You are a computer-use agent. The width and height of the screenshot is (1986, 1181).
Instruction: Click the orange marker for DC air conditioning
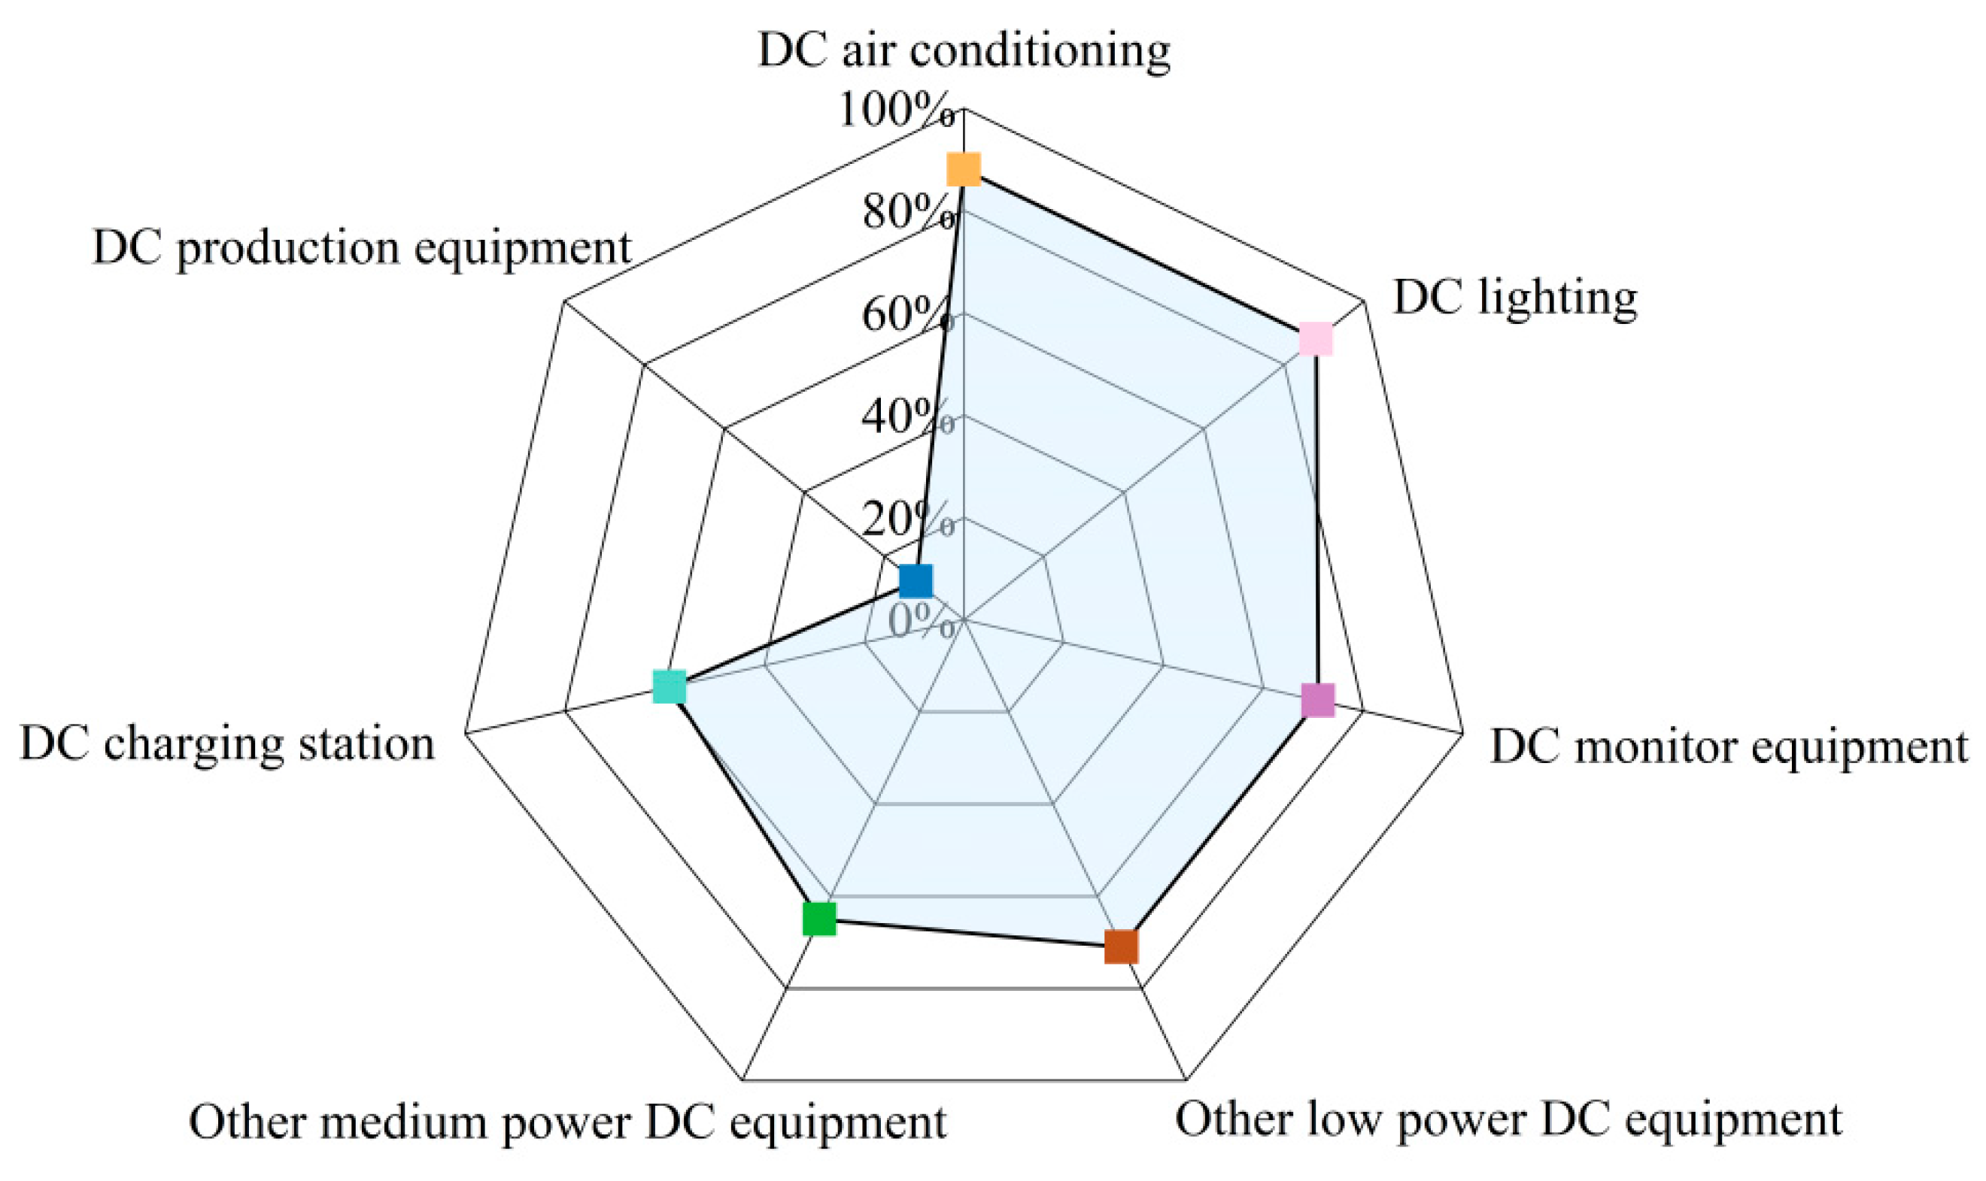pos(963,169)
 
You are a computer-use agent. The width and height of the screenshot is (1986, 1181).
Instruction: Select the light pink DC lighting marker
pos(1316,339)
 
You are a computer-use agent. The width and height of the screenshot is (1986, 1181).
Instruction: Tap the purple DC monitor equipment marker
pos(1318,701)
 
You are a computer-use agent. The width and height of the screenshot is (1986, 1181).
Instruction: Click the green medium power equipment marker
pos(819,919)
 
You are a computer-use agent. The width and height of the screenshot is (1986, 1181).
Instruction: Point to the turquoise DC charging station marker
pos(669,687)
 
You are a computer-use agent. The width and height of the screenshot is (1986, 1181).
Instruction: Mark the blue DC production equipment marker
pos(916,581)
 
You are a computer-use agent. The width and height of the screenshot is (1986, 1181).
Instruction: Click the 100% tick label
pos(896,109)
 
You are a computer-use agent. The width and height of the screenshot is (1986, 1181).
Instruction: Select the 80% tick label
pos(908,213)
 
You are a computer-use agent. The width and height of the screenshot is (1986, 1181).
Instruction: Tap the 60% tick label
pos(908,314)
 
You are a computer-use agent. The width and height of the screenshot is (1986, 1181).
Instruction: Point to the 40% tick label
pos(908,416)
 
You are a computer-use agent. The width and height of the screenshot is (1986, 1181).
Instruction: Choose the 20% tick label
pos(908,519)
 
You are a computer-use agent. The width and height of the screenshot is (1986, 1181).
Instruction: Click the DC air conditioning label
pos(964,50)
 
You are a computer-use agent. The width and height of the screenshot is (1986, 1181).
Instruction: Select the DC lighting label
pos(1514,298)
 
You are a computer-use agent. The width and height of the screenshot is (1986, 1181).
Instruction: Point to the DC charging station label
pos(228,745)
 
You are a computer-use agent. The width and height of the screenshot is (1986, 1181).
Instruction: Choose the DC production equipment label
pos(363,247)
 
